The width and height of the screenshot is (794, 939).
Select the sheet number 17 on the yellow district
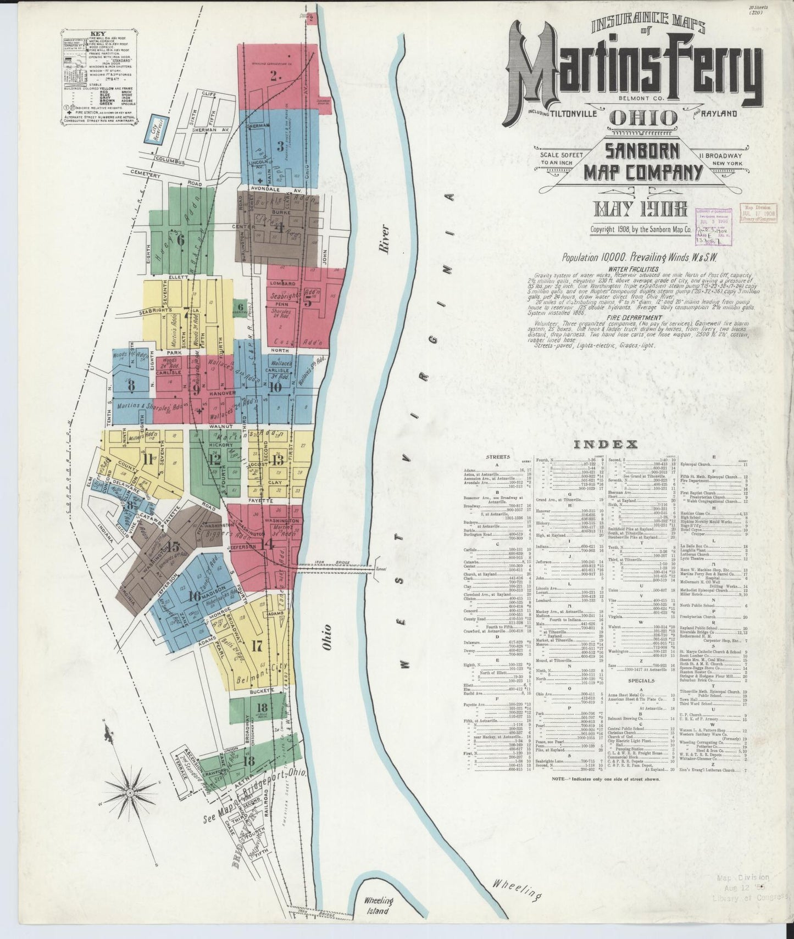pyautogui.click(x=257, y=646)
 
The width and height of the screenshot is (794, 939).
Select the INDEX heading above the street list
pyautogui.click(x=605, y=444)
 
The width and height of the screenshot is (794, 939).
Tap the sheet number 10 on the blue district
pyautogui.click(x=275, y=387)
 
